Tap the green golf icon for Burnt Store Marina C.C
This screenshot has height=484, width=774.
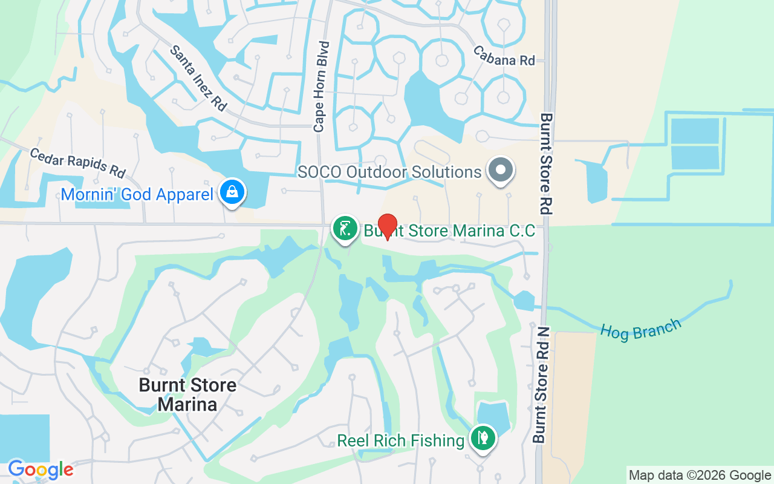point(345,229)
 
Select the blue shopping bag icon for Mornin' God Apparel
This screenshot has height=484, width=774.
point(231,192)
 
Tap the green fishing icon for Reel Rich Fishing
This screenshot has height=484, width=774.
point(482,438)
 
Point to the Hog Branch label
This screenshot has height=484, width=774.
point(640,327)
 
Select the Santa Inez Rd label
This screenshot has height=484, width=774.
point(198,78)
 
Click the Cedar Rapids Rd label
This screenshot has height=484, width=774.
point(77,162)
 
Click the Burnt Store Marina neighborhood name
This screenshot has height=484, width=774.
point(187,394)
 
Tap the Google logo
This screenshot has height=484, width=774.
point(41,469)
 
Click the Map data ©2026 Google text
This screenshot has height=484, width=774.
point(700,476)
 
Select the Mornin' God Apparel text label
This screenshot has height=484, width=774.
point(137,194)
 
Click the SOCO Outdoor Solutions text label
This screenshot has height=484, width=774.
point(389,172)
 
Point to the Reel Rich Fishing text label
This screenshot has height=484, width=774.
point(401,440)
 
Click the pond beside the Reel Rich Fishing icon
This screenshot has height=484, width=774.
point(493,414)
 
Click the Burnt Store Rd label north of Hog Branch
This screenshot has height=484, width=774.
point(546,163)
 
